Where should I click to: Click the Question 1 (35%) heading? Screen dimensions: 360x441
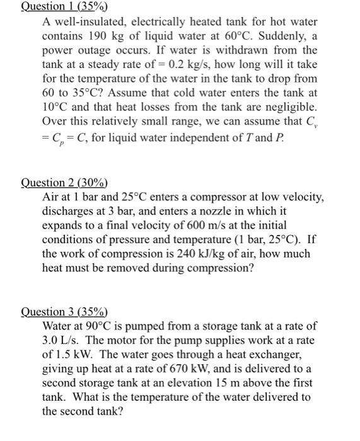click(64, 8)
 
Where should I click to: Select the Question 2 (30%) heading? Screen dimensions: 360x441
click(64, 183)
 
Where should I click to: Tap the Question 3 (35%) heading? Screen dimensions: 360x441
click(64, 312)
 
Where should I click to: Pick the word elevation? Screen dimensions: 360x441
click(195, 382)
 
